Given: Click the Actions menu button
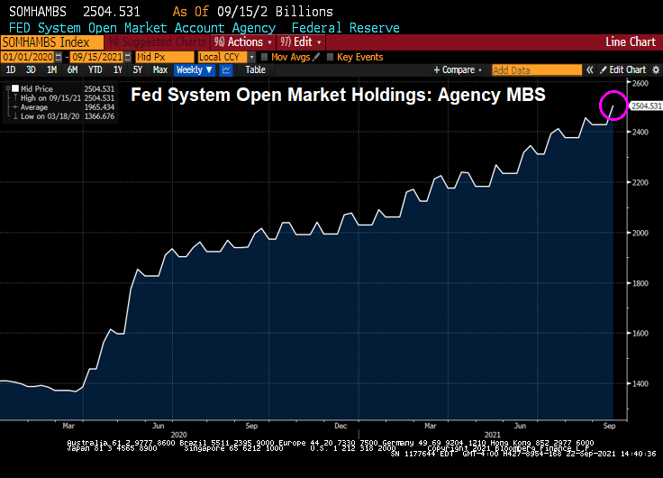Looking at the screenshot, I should coord(243,42).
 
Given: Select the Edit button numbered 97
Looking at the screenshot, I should coord(300,42).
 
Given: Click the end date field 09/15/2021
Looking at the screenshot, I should coord(95,57).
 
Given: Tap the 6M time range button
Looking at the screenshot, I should coord(72,69).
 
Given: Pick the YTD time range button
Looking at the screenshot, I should coord(95,69).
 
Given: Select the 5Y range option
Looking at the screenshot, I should coord(137,69).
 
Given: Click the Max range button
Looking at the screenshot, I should coord(160,69).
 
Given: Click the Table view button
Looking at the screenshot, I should coord(256,69).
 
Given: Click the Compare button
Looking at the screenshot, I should coord(458,69).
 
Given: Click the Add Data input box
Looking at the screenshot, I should coord(535,69).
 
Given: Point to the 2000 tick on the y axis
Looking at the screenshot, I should coord(639,233).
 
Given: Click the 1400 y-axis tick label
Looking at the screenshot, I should coord(639,383).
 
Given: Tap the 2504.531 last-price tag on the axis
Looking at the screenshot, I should coord(647,106).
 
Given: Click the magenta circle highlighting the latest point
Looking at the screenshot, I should coord(614,106).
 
